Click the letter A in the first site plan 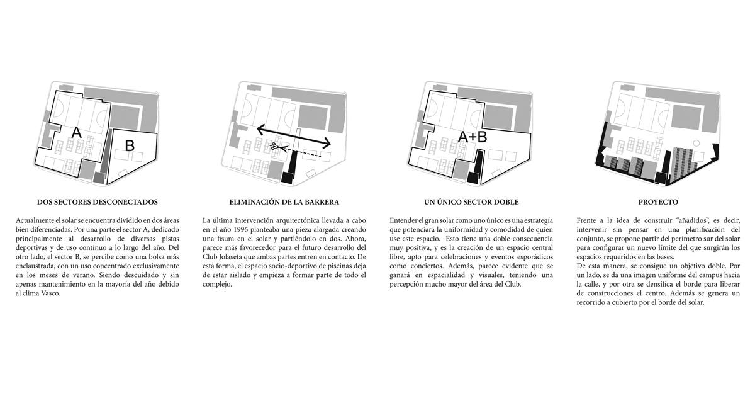coord(77,132)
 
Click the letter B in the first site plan coord(130,145)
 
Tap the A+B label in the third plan coord(473,137)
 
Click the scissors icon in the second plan coord(273,146)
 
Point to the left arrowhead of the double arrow coord(260,128)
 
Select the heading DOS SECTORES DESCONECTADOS coord(98,202)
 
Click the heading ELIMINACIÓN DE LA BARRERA coord(284,202)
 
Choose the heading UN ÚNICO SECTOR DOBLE coord(471,202)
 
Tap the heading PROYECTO coord(658,202)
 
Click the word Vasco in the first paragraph coord(50,293)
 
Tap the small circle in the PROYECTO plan coord(696,144)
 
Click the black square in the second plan coord(288,178)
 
